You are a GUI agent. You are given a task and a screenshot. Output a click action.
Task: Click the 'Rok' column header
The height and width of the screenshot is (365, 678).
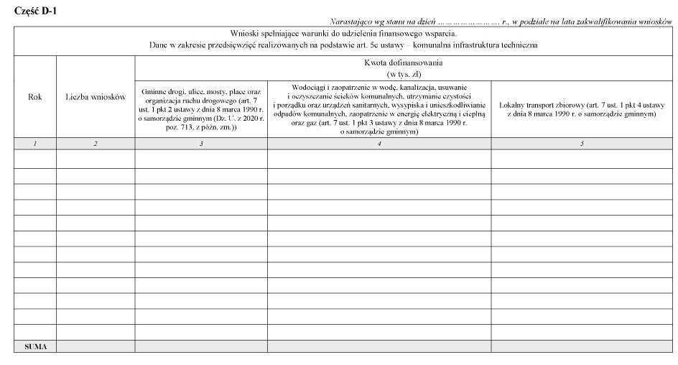34,97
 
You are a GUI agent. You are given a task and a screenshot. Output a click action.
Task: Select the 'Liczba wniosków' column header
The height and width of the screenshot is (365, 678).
96,97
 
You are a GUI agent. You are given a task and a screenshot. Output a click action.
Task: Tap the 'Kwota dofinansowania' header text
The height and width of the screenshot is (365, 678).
402,63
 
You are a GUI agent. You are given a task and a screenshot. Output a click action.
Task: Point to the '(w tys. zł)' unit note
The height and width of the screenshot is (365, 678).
402,73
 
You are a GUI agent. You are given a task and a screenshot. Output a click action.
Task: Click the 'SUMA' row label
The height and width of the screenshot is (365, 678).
35,346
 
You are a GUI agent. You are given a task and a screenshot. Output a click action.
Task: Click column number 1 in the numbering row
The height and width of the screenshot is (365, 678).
34,144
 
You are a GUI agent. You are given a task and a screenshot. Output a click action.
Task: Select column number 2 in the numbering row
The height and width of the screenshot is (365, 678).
96,144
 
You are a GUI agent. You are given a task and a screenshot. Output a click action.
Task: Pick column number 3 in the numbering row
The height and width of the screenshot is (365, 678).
201,144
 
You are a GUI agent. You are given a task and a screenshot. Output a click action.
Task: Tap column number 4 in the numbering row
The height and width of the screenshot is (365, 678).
379,144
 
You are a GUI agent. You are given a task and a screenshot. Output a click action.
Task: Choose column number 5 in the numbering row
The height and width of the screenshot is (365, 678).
582,144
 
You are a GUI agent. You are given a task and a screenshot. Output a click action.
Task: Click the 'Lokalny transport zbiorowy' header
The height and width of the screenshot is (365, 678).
582,109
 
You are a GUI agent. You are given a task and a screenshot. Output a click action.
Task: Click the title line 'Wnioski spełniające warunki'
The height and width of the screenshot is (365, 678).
343,33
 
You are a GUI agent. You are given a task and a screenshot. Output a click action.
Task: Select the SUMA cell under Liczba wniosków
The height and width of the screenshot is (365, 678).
96,346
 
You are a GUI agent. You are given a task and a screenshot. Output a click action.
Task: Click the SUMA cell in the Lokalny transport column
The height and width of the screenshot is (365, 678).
582,346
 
